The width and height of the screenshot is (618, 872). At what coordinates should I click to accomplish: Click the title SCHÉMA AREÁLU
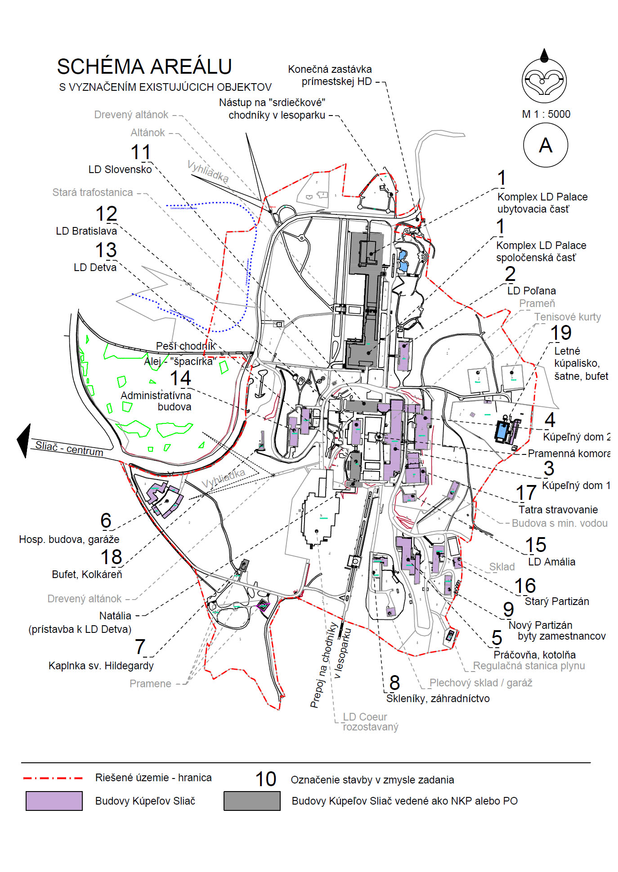point(144,67)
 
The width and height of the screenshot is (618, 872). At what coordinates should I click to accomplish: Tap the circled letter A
point(546,145)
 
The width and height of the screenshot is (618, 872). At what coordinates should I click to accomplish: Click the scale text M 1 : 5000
point(546,114)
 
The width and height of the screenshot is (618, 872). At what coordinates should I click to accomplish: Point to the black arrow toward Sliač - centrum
point(24,440)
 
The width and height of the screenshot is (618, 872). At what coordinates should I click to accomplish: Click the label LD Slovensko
point(120,169)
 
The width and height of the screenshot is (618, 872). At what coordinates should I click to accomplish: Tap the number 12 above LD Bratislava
point(107,214)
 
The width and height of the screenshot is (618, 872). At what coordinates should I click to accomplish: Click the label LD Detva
point(95,267)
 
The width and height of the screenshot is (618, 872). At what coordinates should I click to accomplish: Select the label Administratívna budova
point(156,401)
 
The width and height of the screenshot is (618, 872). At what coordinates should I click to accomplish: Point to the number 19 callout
point(561,333)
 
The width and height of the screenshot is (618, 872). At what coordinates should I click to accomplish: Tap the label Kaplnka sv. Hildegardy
point(101,666)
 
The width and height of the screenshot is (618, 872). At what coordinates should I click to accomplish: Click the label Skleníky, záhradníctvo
point(438,698)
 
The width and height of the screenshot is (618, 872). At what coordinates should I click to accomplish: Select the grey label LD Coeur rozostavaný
point(370,722)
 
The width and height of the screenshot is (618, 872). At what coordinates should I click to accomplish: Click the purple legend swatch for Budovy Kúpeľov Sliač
point(54,801)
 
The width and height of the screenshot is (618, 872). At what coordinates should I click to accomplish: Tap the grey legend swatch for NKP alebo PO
point(252,801)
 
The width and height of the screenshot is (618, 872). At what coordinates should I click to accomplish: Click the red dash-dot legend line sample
point(53,778)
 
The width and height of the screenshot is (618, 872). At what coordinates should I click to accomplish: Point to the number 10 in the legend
point(265,779)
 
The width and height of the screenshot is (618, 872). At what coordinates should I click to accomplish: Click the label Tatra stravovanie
point(558,510)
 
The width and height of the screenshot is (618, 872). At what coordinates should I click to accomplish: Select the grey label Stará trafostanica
point(93,192)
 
